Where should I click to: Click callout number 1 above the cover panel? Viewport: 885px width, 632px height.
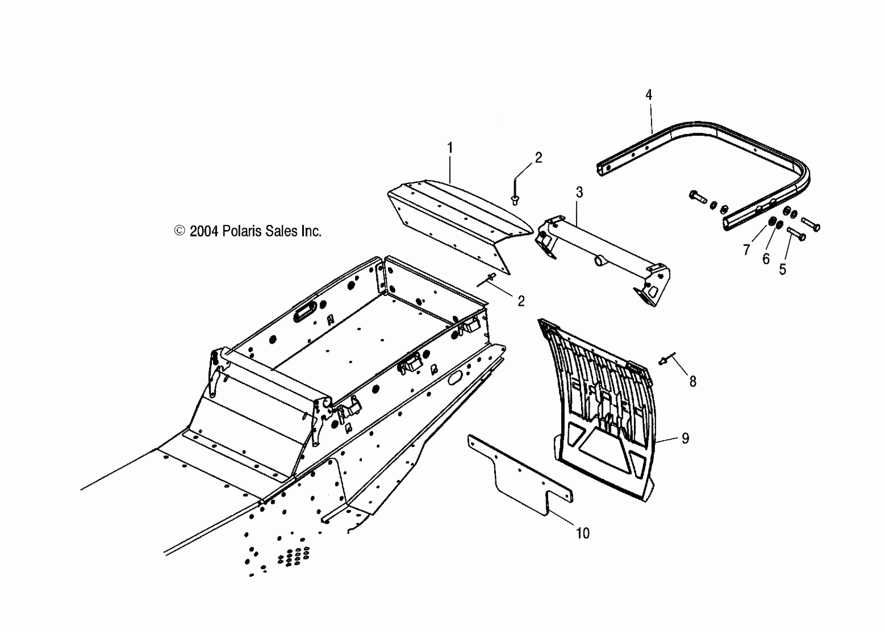click(x=450, y=148)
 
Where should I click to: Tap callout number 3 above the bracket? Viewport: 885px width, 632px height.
click(x=579, y=192)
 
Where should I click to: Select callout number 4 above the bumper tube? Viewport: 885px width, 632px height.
click(x=649, y=95)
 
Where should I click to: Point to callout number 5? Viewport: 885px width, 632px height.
click(x=783, y=269)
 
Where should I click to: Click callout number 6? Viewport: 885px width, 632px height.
click(x=766, y=259)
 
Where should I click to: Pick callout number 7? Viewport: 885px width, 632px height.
click(x=746, y=250)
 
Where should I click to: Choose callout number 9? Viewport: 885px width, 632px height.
click(x=685, y=439)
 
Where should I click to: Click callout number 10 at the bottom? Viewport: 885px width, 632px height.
click(x=583, y=533)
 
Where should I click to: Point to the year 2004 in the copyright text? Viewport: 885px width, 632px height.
click(x=203, y=232)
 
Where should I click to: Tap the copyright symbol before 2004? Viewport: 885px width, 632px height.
click(x=179, y=231)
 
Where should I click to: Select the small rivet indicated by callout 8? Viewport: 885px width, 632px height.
click(x=663, y=361)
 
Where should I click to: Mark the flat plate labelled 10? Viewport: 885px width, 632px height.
click(x=521, y=482)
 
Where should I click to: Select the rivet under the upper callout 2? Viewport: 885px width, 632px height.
click(x=515, y=200)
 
